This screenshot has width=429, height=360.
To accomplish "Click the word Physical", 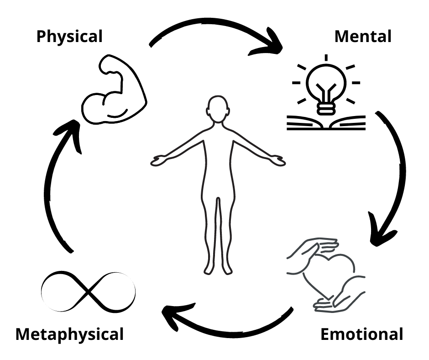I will (69, 37).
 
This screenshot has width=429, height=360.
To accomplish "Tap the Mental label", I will (363, 37).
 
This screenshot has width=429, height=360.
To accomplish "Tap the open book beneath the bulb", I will (326, 123).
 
